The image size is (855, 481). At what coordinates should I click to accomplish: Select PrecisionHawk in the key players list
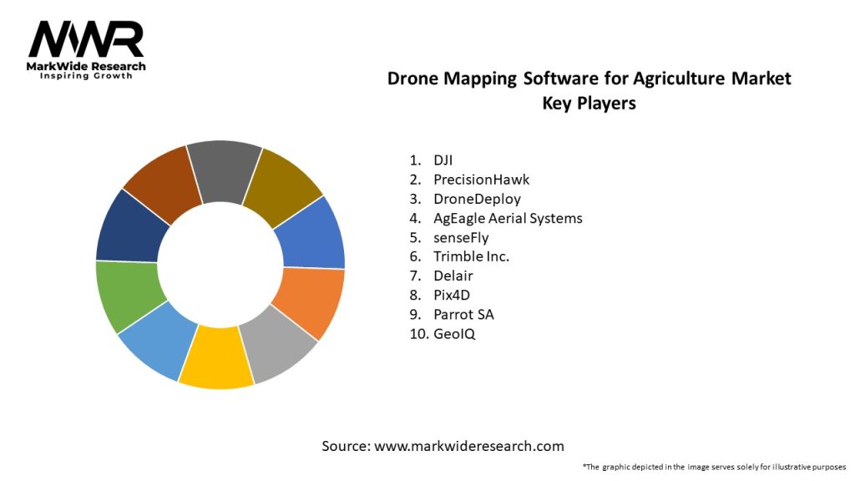point(481,179)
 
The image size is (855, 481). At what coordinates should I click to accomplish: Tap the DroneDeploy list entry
point(477,199)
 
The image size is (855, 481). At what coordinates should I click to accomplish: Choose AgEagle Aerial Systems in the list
point(508,218)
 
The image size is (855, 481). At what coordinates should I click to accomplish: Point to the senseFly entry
point(461,237)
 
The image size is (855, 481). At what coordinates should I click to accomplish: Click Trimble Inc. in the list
point(471,256)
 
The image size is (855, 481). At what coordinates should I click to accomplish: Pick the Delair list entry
point(453,276)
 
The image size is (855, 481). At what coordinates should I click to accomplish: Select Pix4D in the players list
point(452,295)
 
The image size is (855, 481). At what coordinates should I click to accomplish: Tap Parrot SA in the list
point(463,314)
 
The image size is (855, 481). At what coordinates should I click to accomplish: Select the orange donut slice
point(310,301)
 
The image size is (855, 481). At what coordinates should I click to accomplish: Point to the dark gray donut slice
point(224,170)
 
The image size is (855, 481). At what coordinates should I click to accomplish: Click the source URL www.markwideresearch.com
point(469,446)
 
